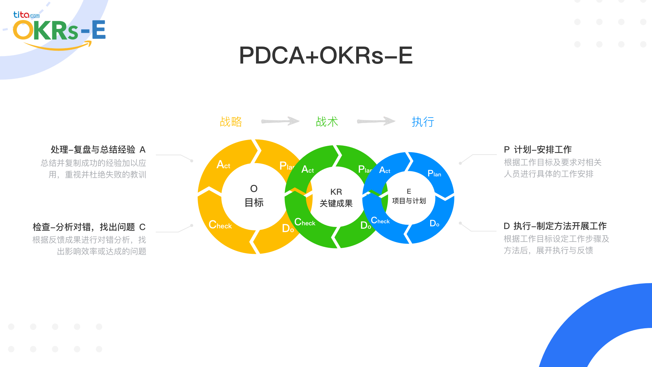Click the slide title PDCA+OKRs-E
point(326,55)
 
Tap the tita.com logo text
point(26,15)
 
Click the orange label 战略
point(231,122)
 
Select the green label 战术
point(327,122)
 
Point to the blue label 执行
point(423,122)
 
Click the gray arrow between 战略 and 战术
point(280,121)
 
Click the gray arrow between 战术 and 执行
point(376,121)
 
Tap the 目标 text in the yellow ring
point(254,203)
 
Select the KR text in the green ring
point(336,192)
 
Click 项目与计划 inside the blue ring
point(409,201)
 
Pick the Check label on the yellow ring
point(220,225)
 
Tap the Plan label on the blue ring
point(434,174)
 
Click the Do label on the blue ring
point(434,223)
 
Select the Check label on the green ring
point(305,222)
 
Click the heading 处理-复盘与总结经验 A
point(98,150)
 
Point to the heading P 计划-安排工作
point(538,150)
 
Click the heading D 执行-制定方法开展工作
point(555,226)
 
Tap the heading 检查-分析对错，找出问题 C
point(89,227)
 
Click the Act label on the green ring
point(308,169)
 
